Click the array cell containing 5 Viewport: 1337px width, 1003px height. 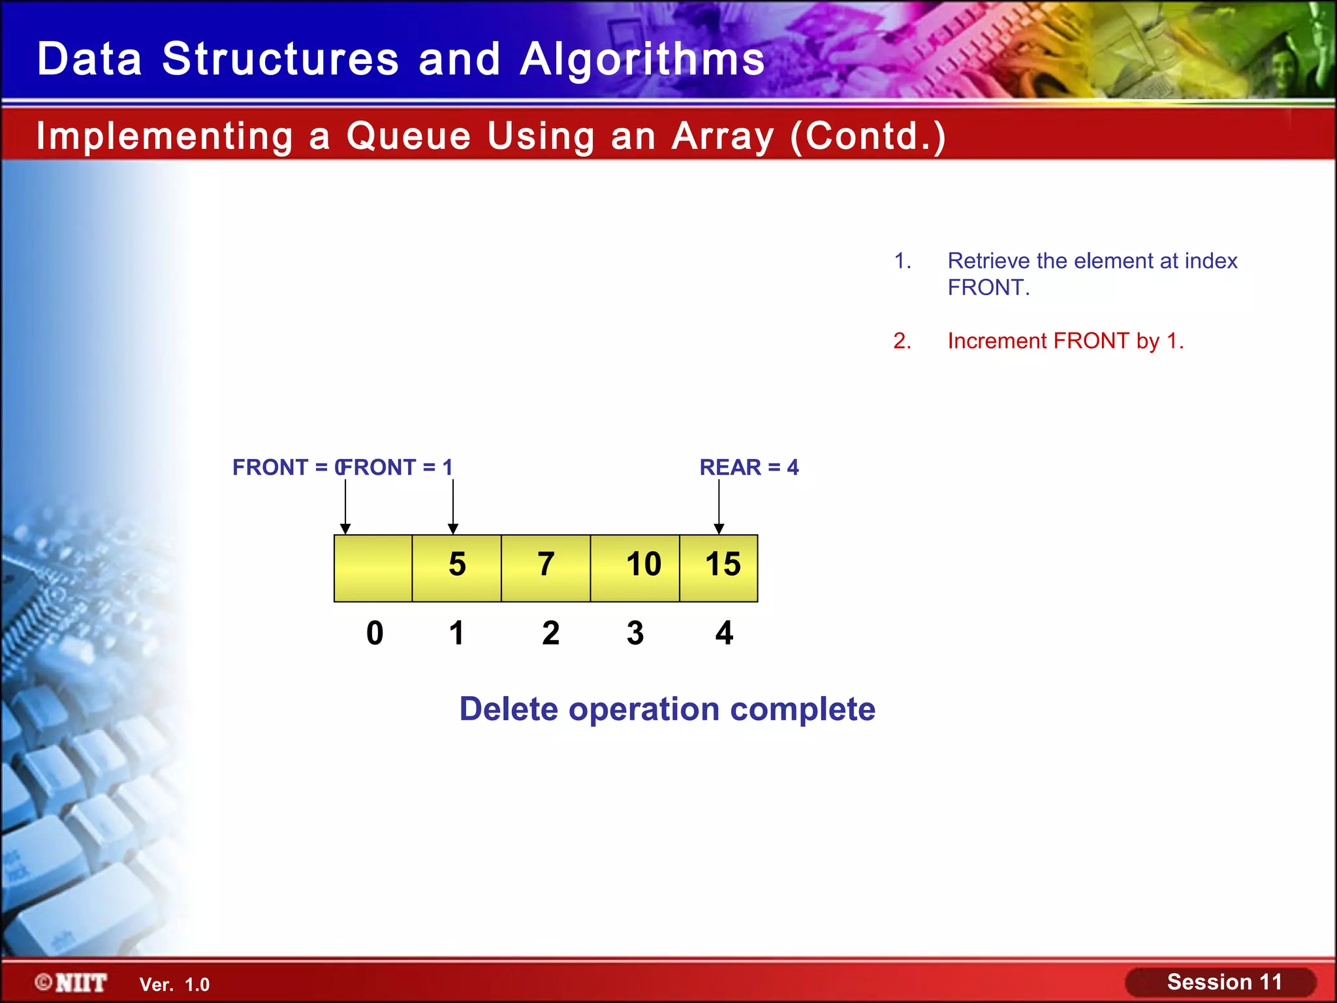point(456,567)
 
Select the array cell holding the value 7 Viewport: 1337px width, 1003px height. point(546,567)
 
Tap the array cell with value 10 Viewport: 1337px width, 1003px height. point(635,567)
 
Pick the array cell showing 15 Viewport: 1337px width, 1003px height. point(719,567)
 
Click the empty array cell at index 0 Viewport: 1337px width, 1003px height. point(373,567)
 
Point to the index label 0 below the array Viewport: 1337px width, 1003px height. point(375,633)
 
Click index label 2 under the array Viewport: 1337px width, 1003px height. point(550,633)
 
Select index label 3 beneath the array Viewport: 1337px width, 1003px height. point(635,633)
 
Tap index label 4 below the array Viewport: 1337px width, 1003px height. point(724,633)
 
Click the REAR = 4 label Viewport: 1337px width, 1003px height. point(749,468)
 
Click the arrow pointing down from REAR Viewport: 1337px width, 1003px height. point(719,507)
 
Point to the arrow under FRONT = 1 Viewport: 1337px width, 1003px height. point(453,507)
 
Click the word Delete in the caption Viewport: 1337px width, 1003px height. point(509,709)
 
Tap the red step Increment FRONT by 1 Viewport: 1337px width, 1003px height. point(1065,341)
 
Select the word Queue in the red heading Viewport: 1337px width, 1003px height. point(408,136)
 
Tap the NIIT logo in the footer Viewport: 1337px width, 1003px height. point(72,983)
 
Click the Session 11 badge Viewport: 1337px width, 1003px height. point(1223,982)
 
